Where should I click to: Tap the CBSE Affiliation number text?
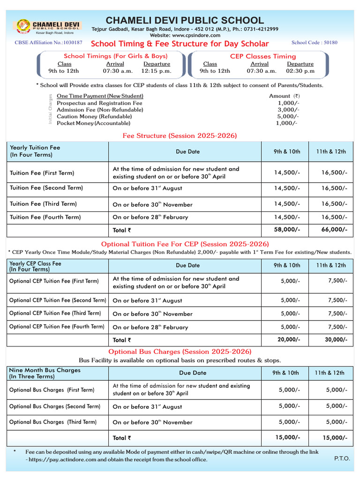(49, 43)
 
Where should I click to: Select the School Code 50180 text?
(314, 43)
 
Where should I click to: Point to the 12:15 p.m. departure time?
(157, 71)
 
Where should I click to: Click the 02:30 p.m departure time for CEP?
(300, 71)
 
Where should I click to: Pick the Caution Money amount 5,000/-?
(287, 116)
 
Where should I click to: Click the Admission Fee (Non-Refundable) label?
(100, 110)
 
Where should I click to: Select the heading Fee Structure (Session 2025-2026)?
(180, 136)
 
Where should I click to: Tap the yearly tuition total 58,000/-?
(287, 230)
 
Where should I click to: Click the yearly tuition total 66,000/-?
(334, 230)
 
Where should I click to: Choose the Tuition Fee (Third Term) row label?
(43, 204)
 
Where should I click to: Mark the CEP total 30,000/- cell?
(336, 340)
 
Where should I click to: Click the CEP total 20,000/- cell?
(289, 340)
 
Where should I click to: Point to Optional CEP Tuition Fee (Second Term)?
(58, 300)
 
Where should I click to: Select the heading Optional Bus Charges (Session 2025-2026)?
(180, 352)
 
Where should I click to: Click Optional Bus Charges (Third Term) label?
(53, 422)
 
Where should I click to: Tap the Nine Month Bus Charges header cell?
(45, 373)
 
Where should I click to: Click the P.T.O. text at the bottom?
(342, 458)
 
